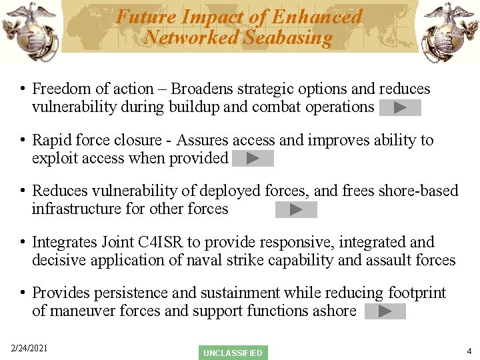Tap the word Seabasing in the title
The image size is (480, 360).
pos(287,37)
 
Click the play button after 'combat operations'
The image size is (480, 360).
pos(400,107)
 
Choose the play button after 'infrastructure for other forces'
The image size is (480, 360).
pos(296,210)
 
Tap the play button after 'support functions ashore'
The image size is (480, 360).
pos(385,311)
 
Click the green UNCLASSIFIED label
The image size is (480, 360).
pos(233,353)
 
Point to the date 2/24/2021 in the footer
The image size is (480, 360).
pos(29,349)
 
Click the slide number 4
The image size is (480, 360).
pos(469,351)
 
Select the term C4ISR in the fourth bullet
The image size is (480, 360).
pos(179,242)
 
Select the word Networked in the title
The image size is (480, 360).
pos(192,37)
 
